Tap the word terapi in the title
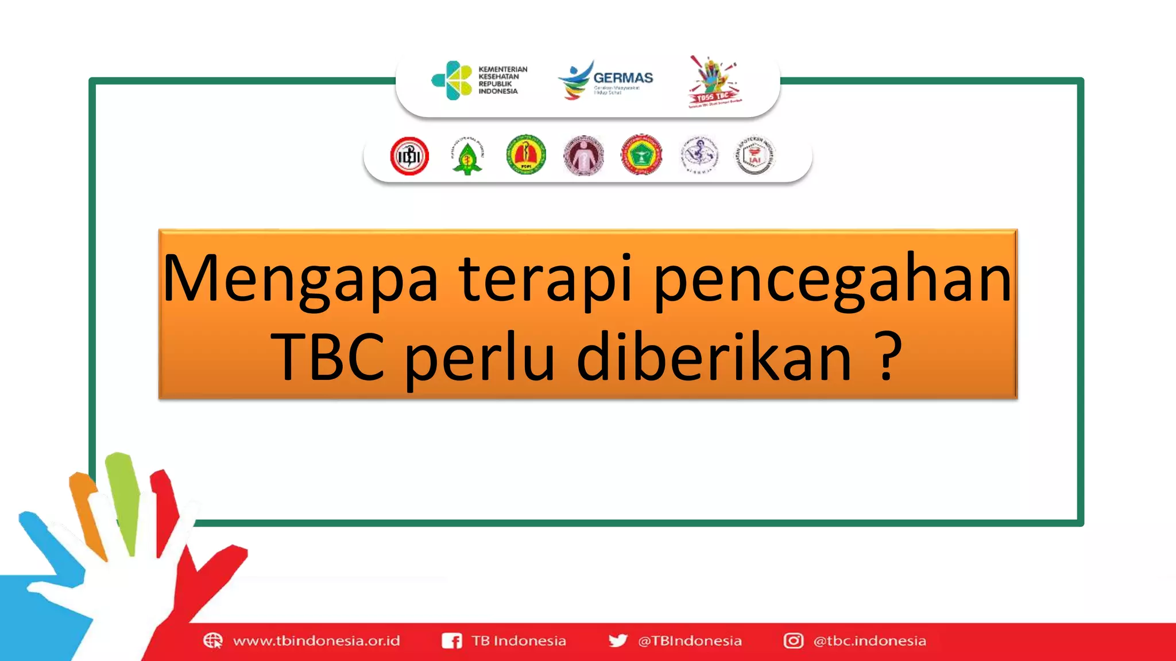546,279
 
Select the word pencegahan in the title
833,279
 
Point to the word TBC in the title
328,357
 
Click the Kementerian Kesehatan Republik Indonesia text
502,80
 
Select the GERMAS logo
606,80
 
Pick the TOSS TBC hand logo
714,82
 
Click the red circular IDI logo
409,156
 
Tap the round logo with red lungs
526,155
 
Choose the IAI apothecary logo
755,155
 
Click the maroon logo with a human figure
583,155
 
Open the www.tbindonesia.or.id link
316,641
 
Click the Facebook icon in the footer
451,641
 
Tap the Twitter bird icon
618,640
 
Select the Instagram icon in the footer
794,640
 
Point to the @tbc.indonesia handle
869,641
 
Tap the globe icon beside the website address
212,640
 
